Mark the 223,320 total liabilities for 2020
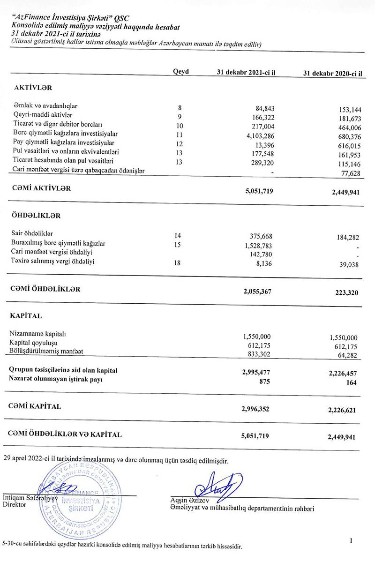346,293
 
